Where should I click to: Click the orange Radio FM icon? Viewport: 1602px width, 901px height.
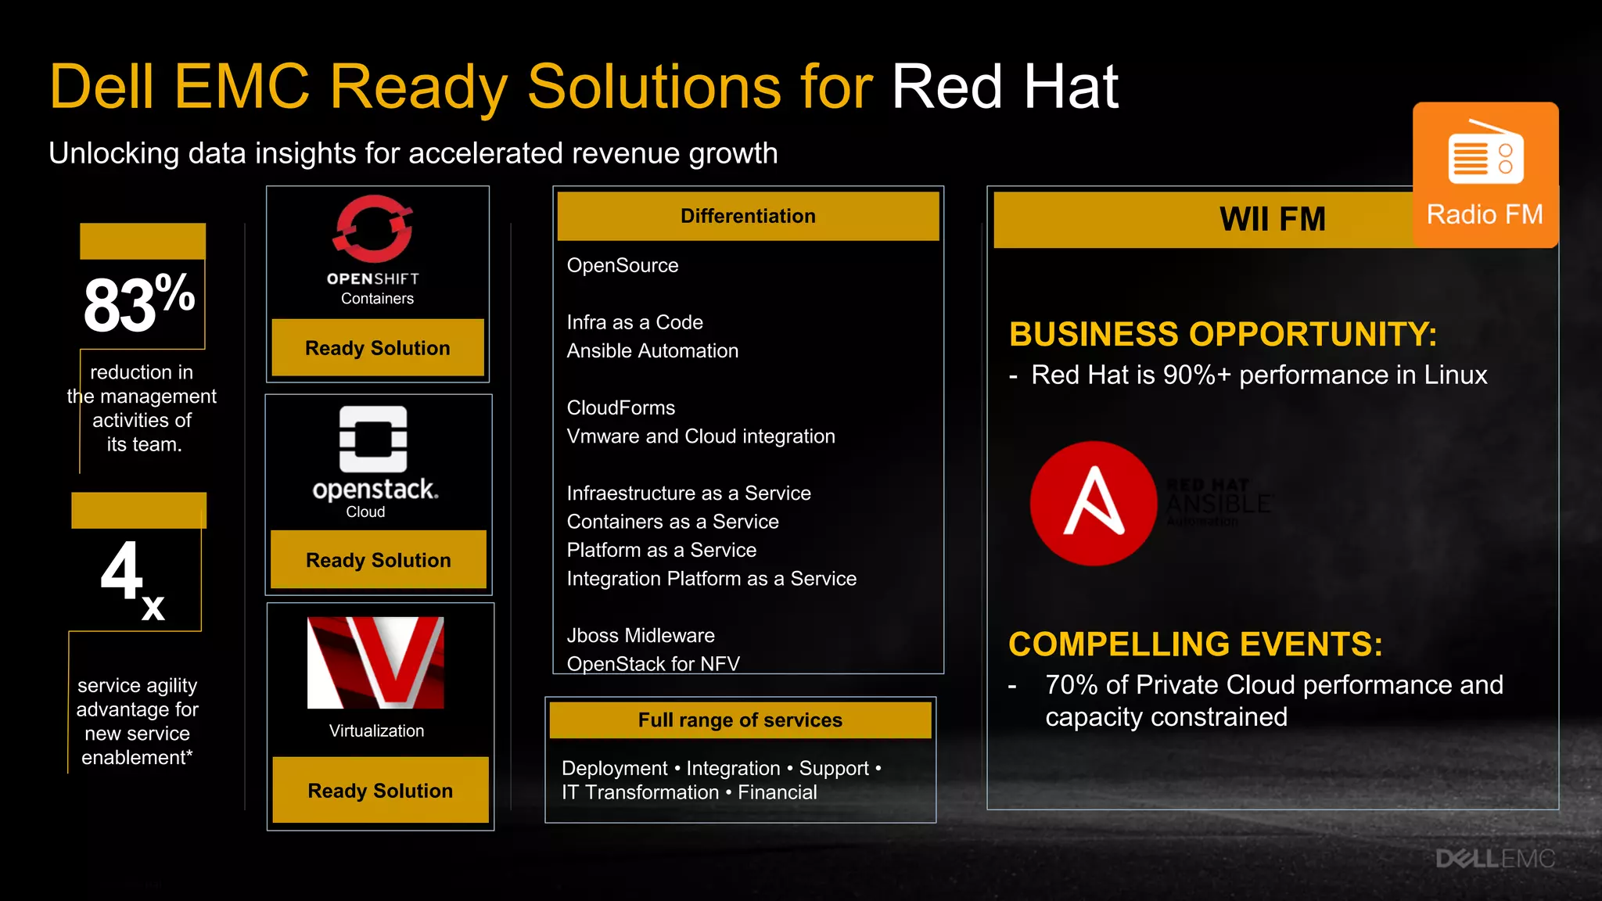pos(1485,174)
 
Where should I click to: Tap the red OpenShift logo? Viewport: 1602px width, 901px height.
pos(374,228)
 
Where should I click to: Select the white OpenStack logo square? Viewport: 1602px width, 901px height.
pos(373,439)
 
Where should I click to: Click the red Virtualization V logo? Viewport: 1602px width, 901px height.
pos(375,662)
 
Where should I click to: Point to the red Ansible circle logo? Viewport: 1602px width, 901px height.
pos(1093,503)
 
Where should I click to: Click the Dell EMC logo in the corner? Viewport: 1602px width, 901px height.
pos(1494,859)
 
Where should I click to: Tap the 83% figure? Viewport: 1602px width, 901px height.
pos(139,303)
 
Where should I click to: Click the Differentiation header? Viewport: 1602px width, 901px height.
pos(748,216)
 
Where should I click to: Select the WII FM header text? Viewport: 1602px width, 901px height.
pos(1273,219)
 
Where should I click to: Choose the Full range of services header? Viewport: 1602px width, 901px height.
pos(740,720)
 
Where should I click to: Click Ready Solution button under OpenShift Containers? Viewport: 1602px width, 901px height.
pos(378,348)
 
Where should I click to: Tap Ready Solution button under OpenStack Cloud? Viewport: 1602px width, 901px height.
pos(379,560)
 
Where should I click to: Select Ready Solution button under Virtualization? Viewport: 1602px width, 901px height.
pos(380,791)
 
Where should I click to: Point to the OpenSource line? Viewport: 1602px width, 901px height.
pos(623,265)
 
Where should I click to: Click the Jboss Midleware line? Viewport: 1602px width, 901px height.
pos(641,635)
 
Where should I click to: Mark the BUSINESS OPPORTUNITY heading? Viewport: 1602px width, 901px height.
pos(1223,334)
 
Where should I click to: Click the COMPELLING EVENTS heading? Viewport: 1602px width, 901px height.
pos(1195,644)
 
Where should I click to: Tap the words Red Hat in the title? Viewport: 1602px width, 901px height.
pos(1005,87)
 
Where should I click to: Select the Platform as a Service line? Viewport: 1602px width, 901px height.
pos(662,550)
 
